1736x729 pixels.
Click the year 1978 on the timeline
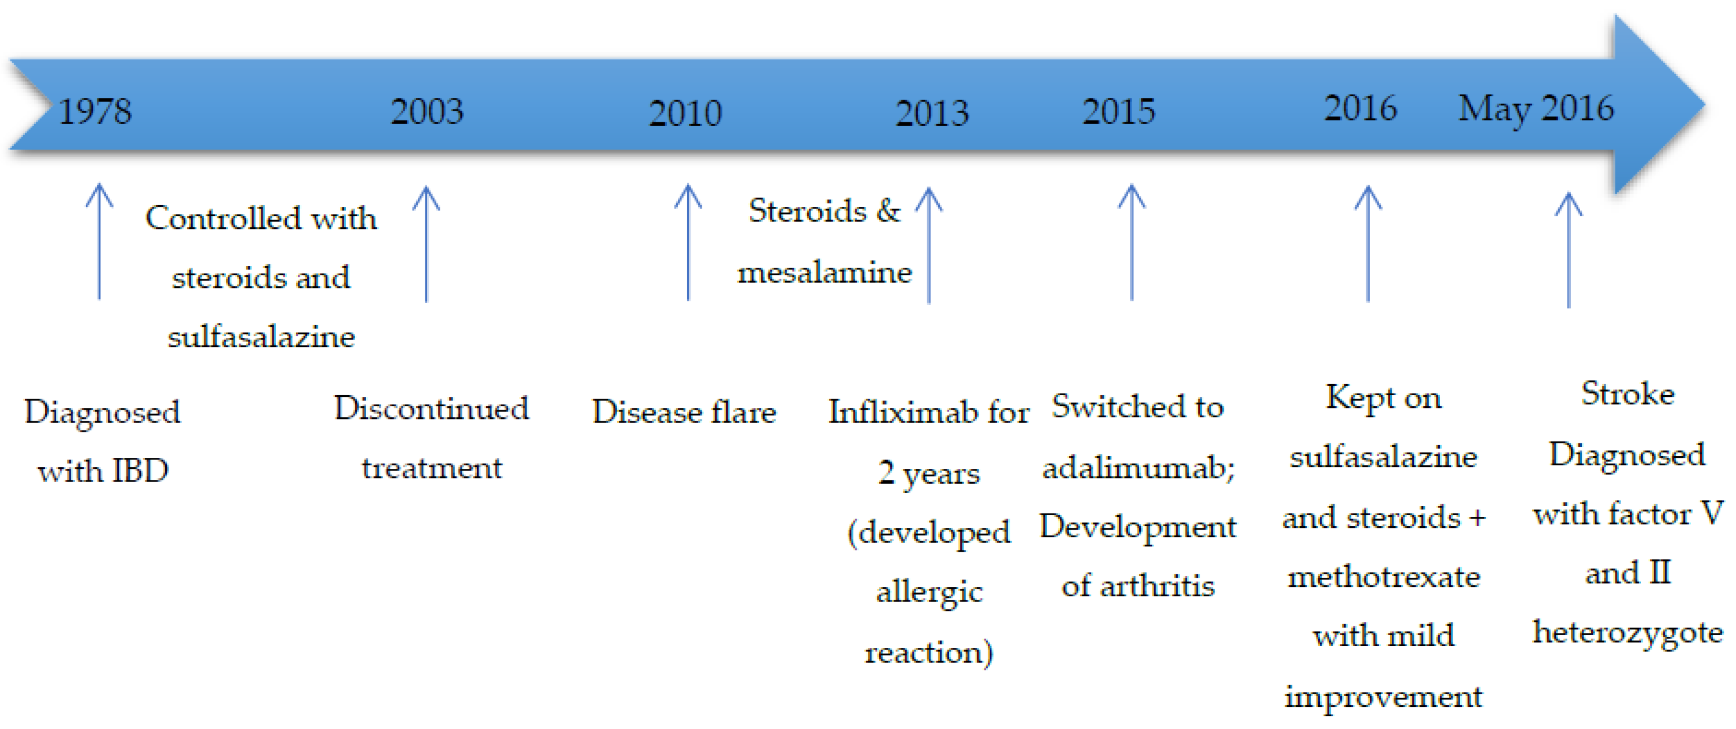click(x=95, y=111)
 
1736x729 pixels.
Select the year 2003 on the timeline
click(x=426, y=111)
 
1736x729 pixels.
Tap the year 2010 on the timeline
click(x=685, y=113)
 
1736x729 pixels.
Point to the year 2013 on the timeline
click(x=931, y=113)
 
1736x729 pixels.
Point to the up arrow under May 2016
click(x=1568, y=249)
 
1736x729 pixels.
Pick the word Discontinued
click(x=431, y=409)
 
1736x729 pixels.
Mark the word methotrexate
click(x=1383, y=577)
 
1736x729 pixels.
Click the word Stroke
click(x=1627, y=393)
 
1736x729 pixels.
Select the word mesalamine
click(x=824, y=272)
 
